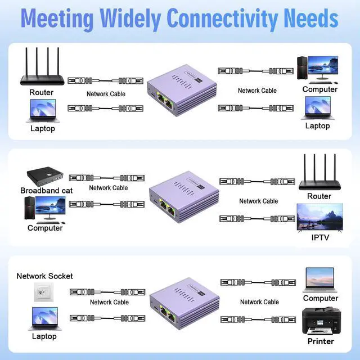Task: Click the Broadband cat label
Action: click(x=47, y=191)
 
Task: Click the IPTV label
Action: click(x=319, y=237)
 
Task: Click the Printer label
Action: click(x=321, y=341)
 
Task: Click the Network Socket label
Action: click(x=44, y=276)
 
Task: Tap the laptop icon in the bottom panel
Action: click(x=43, y=319)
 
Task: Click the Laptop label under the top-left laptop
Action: click(x=43, y=128)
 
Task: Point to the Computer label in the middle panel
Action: click(x=45, y=228)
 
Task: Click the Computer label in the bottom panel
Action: click(x=321, y=298)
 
